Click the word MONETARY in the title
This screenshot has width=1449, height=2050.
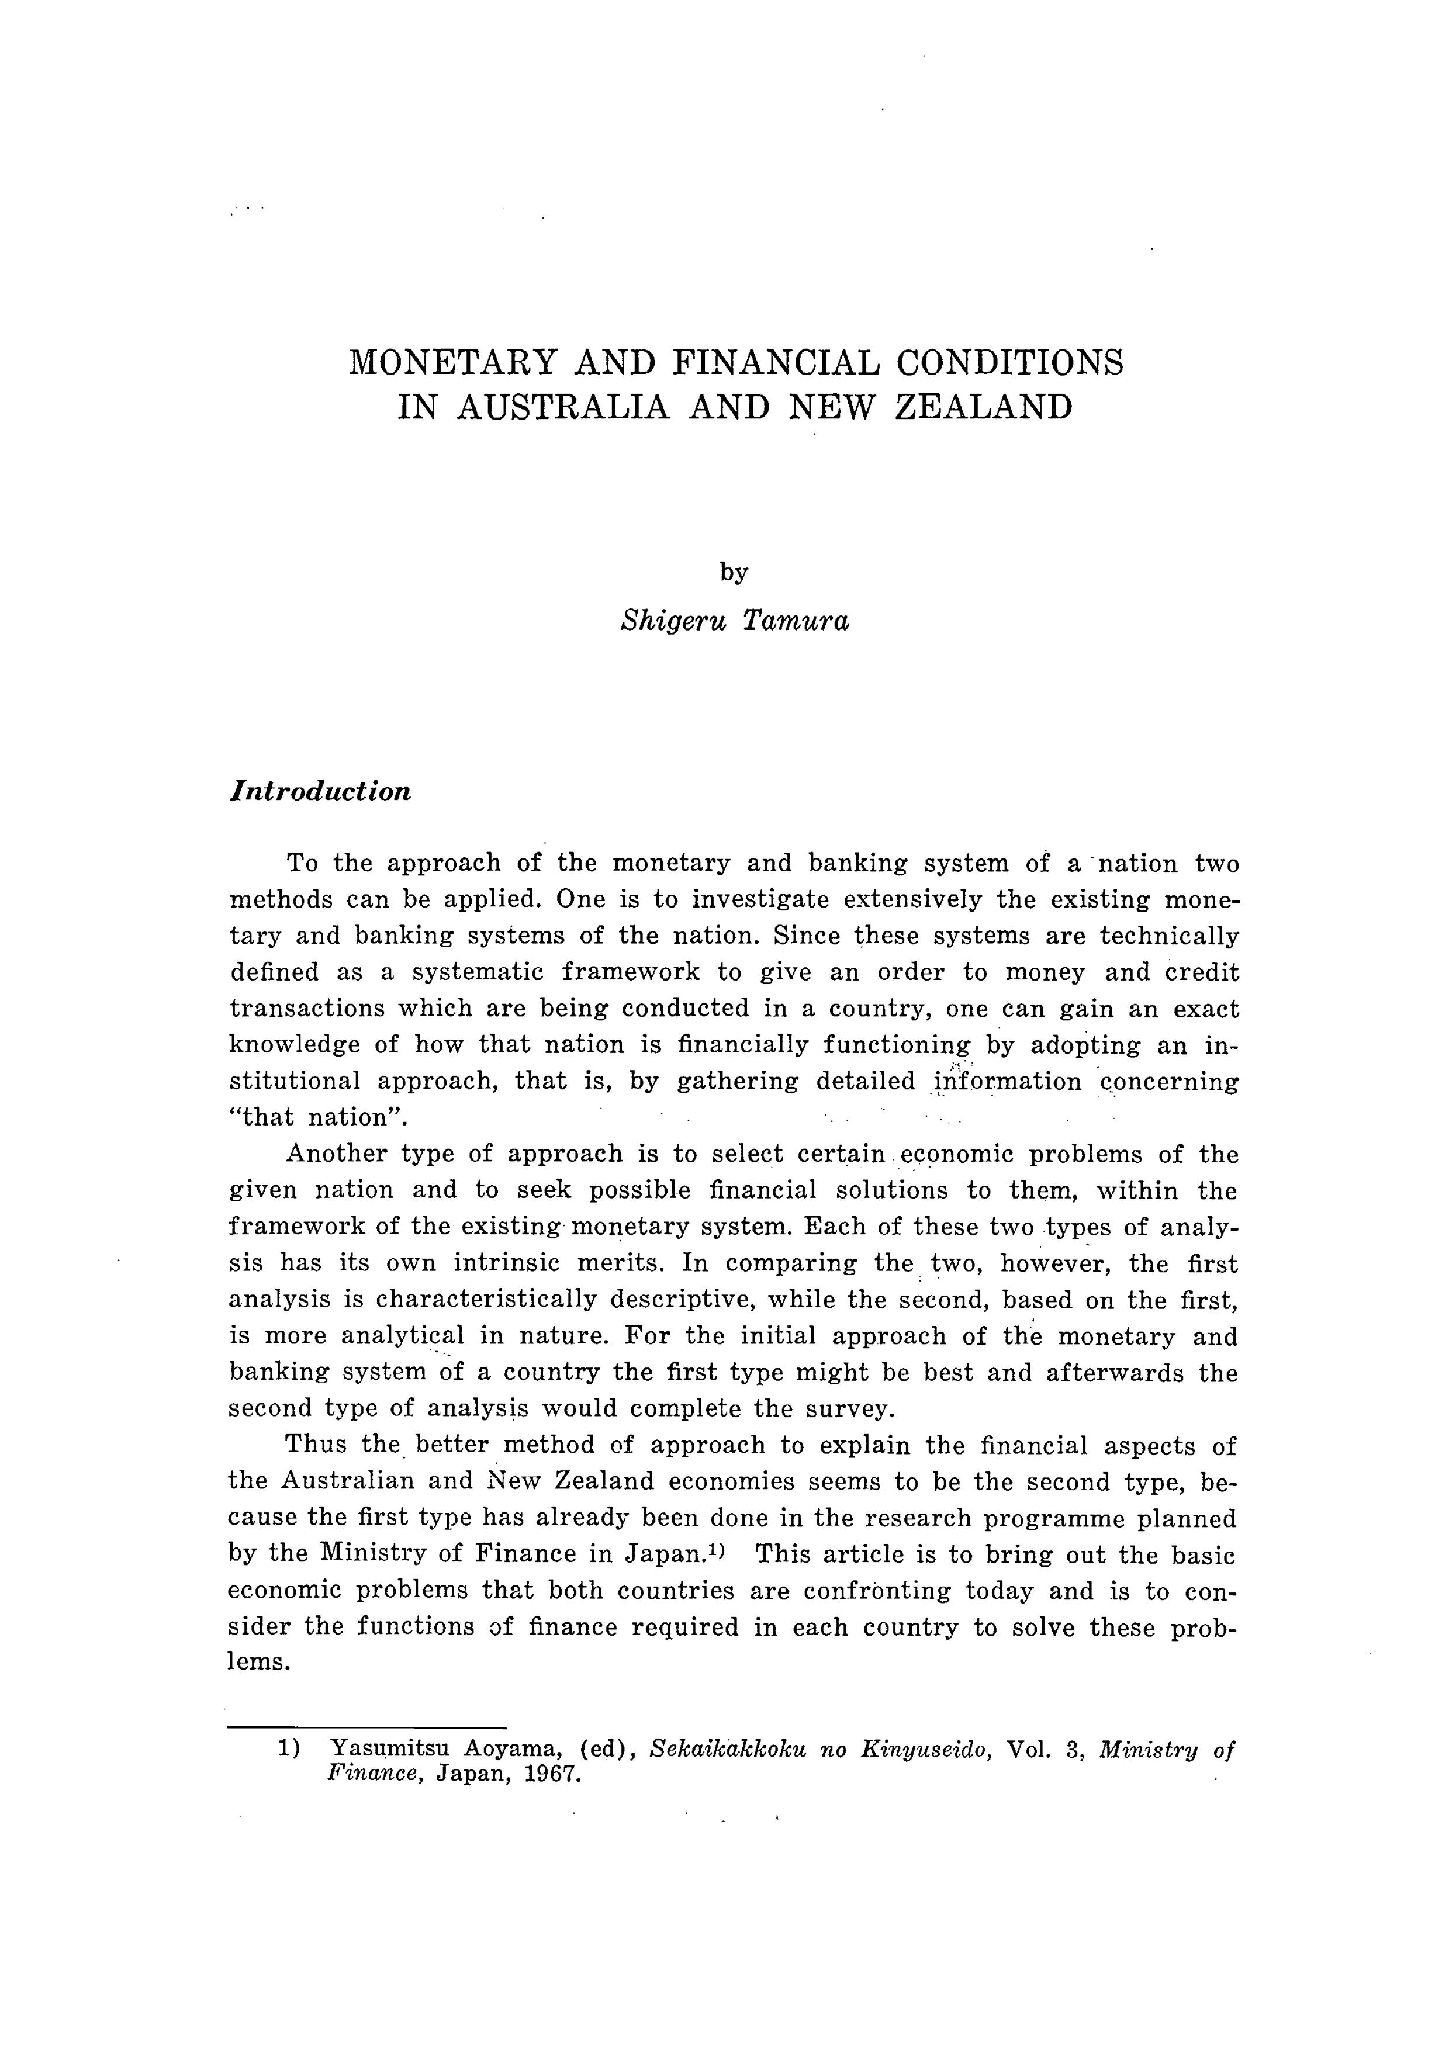pos(454,362)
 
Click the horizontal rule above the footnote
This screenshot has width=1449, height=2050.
pos(367,1727)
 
